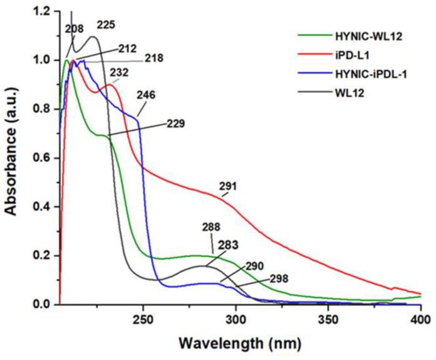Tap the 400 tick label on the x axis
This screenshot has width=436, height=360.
(x=420, y=319)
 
